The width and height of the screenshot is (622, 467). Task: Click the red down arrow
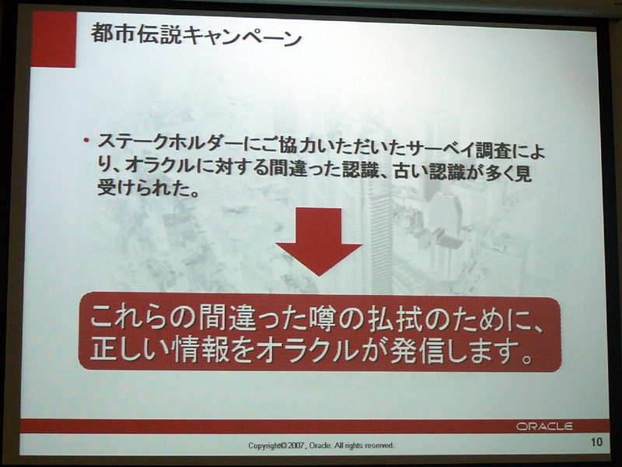(x=320, y=241)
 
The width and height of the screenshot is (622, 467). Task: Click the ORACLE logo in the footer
(x=544, y=426)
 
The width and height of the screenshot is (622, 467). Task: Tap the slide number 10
(x=596, y=442)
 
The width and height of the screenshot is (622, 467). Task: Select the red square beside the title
(x=54, y=39)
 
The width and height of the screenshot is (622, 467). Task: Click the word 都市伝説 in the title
(x=136, y=34)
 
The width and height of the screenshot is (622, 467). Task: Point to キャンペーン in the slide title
(x=242, y=37)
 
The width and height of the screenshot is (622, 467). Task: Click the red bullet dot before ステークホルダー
(x=86, y=141)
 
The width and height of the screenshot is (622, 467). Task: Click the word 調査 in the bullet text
(x=494, y=151)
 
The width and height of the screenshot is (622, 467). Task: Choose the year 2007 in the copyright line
(x=296, y=445)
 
